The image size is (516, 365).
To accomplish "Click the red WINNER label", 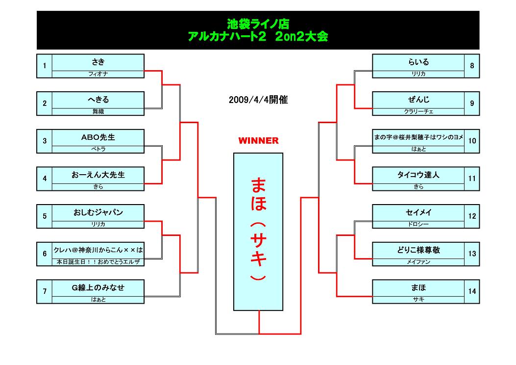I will [x=258, y=141].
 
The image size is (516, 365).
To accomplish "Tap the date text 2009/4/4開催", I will [x=258, y=100].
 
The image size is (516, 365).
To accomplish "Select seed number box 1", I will [x=45, y=66].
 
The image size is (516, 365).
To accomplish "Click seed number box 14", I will [x=472, y=291].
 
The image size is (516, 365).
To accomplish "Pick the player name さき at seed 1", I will [x=98, y=62].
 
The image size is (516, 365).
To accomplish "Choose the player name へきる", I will [x=98, y=100].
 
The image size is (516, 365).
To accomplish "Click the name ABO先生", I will [x=98, y=137].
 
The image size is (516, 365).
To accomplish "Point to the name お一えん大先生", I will [x=98, y=175].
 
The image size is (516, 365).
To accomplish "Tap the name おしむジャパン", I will [x=98, y=212].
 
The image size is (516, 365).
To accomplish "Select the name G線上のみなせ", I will [x=98, y=287].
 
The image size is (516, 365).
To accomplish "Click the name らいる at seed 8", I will [x=418, y=62].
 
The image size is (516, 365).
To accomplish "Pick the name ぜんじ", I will [x=418, y=100].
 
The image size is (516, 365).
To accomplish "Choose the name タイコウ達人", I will [x=418, y=175].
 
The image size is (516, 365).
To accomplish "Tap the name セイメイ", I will [x=418, y=212].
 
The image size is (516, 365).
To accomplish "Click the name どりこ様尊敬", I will [x=418, y=250].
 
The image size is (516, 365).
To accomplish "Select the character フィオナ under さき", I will [x=98, y=74].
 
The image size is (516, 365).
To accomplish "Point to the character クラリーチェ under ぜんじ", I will [x=418, y=111].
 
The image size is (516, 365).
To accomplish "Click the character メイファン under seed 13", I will [x=418, y=262].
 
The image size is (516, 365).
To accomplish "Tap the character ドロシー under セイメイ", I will [x=418, y=224].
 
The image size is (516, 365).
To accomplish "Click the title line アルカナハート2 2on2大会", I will [x=258, y=36].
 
